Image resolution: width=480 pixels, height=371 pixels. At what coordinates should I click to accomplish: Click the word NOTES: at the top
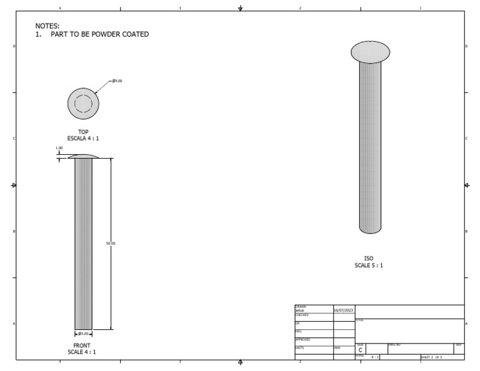47,26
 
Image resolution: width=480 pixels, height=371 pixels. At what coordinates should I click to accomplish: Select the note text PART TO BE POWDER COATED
100,34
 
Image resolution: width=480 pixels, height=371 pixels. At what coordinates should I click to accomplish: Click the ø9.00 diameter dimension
117,81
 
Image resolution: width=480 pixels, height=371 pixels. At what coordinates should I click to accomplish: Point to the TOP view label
83,132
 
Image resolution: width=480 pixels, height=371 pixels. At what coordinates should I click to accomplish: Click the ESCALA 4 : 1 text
83,138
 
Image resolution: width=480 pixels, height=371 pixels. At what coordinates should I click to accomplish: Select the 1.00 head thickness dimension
59,148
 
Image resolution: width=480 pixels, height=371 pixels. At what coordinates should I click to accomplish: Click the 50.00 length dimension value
111,243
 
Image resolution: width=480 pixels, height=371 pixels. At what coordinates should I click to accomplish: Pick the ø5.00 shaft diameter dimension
83,334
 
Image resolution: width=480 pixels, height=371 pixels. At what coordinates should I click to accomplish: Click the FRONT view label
82,345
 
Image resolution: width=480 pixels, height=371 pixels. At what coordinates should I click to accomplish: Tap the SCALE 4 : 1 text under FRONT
82,352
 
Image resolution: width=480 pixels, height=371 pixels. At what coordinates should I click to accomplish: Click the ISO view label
369,259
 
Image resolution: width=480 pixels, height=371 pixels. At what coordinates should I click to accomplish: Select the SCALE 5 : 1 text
369,265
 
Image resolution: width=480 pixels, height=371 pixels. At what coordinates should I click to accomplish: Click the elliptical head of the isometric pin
370,52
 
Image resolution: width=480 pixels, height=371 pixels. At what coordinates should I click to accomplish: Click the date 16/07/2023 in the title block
343,310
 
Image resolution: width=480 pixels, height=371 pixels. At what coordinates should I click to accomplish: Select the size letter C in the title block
360,350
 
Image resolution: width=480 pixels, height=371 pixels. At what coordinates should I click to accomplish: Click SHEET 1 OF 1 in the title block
431,357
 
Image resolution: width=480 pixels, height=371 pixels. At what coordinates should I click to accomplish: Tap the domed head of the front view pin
83,156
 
